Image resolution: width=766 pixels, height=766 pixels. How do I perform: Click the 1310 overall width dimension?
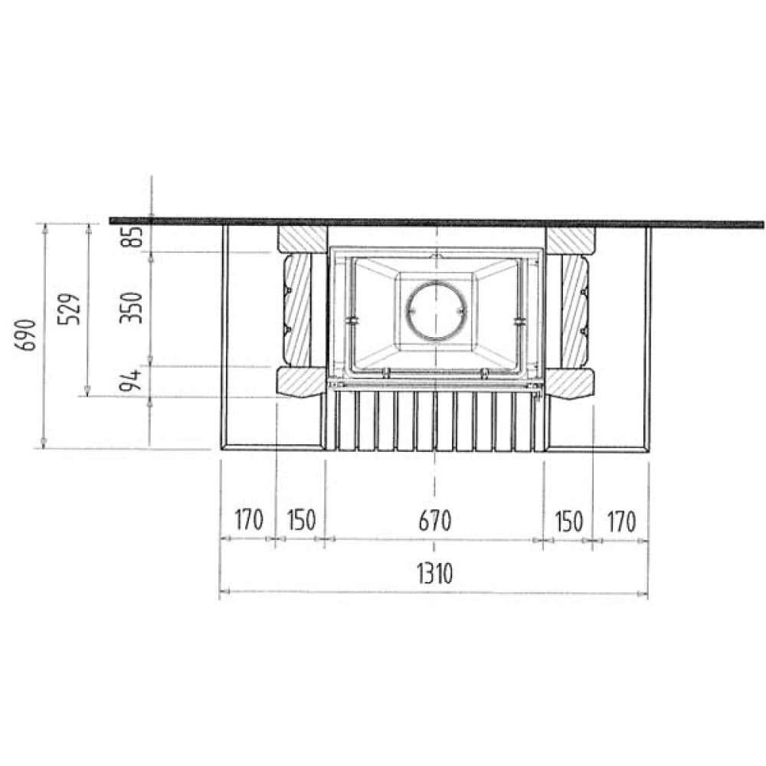pyautogui.click(x=434, y=573)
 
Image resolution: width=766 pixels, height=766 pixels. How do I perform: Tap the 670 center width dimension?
pyautogui.click(x=435, y=521)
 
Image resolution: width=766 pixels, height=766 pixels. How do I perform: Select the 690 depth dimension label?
pyautogui.click(x=25, y=336)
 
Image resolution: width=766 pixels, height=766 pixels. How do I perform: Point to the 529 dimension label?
pyautogui.click(x=69, y=309)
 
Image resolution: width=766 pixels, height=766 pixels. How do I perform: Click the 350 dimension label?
pyautogui.click(x=131, y=308)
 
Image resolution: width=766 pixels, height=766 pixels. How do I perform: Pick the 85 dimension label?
pyautogui.click(x=132, y=237)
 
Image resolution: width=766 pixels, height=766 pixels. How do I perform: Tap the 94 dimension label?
pyautogui.click(x=131, y=381)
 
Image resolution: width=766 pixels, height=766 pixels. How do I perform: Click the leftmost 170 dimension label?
pyautogui.click(x=249, y=520)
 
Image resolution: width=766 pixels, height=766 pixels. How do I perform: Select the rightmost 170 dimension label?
pyautogui.click(x=621, y=522)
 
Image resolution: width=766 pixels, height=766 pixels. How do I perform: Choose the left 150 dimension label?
pyautogui.click(x=301, y=520)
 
